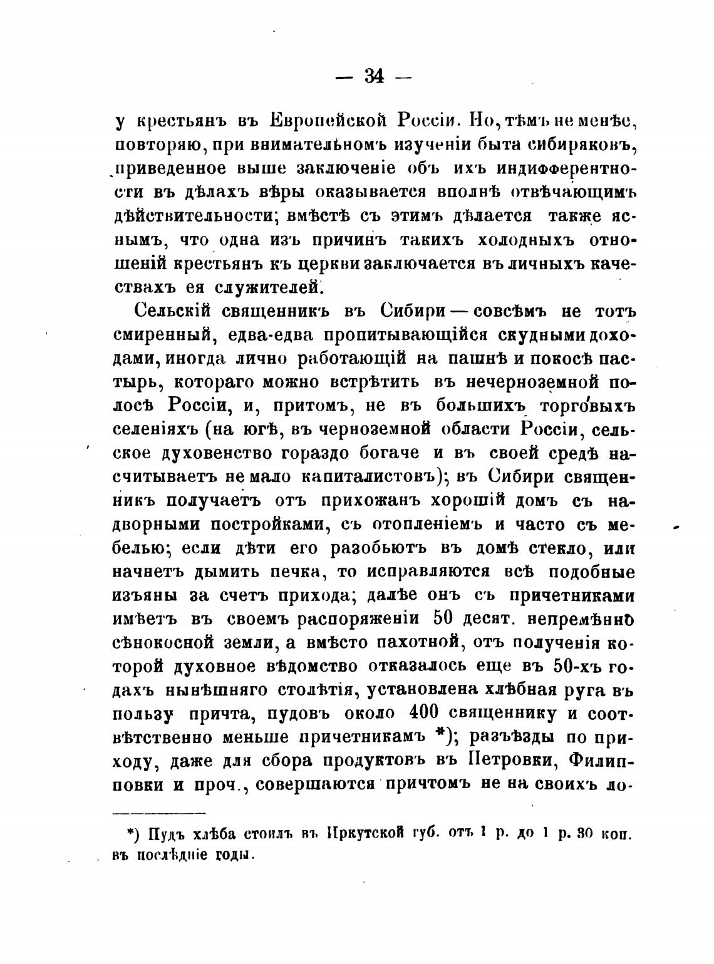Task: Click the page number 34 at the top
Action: pyautogui.click(x=373, y=76)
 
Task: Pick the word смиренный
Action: pyautogui.click(x=162, y=335)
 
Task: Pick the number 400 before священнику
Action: pyautogui.click(x=428, y=714)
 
